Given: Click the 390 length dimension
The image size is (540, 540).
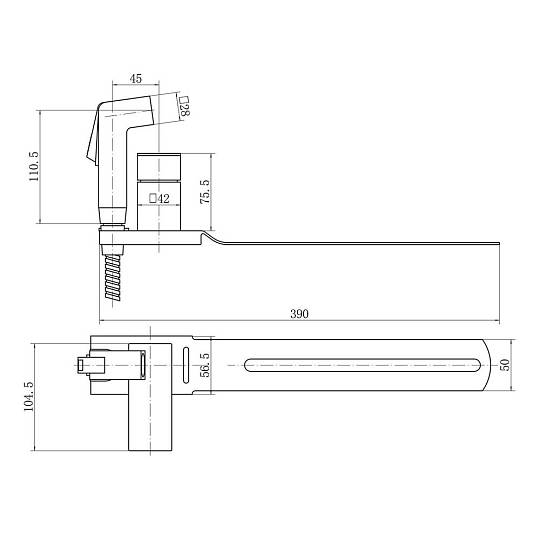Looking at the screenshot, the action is point(299,314).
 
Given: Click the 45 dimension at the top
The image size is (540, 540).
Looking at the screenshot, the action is point(136,79).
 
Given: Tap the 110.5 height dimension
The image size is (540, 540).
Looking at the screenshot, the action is point(34,167).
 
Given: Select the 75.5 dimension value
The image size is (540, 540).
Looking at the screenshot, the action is point(205,191).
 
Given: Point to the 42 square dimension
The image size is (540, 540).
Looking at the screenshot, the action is point(159,199).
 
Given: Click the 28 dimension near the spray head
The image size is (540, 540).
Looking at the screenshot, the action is point(185,107).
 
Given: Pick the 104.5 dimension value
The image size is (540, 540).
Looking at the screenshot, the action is point(28,396).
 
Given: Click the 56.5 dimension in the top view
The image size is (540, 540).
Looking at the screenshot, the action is point(205,365).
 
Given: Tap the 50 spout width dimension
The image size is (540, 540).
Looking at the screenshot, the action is point(504,365).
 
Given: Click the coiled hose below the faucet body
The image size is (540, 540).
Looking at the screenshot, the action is point(112,277).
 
